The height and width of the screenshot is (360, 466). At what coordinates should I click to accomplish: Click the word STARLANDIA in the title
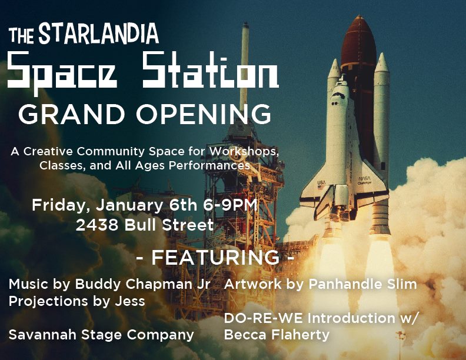[99, 34]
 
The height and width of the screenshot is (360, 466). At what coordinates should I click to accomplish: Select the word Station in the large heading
[210, 70]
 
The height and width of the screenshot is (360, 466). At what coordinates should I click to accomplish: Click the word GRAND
[71, 114]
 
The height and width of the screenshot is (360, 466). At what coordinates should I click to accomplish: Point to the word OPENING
[204, 114]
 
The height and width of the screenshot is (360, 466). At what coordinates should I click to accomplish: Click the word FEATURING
[215, 258]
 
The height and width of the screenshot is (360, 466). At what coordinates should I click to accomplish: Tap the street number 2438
[97, 225]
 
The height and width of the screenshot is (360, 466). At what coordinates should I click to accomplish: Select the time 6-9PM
[230, 205]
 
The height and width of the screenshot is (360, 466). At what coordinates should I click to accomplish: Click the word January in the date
[129, 205]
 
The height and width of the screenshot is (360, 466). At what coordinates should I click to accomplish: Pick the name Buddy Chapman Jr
[142, 285]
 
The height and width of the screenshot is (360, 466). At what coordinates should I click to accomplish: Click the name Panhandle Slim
[362, 284]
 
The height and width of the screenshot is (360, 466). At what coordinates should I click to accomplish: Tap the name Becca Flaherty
[277, 335]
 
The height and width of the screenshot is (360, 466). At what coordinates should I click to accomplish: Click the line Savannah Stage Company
[101, 335]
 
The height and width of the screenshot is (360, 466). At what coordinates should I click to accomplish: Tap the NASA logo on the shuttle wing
[364, 179]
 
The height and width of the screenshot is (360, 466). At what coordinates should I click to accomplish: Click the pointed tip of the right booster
[382, 54]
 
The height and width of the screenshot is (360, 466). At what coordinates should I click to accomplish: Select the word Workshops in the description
[244, 152]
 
